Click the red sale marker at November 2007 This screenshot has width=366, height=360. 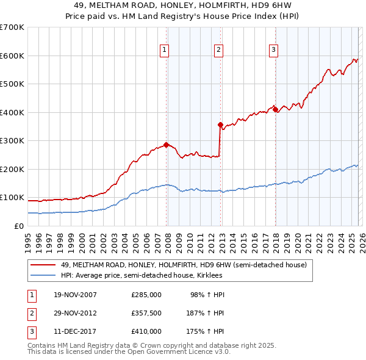point(166,145)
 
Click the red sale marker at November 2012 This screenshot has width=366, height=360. point(220,124)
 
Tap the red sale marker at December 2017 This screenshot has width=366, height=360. point(275,110)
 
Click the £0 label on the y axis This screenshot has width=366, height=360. point(18,226)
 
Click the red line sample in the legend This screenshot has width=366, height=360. point(43,265)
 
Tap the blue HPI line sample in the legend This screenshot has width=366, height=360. point(43,275)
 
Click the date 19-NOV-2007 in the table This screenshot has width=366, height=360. point(75,295)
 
